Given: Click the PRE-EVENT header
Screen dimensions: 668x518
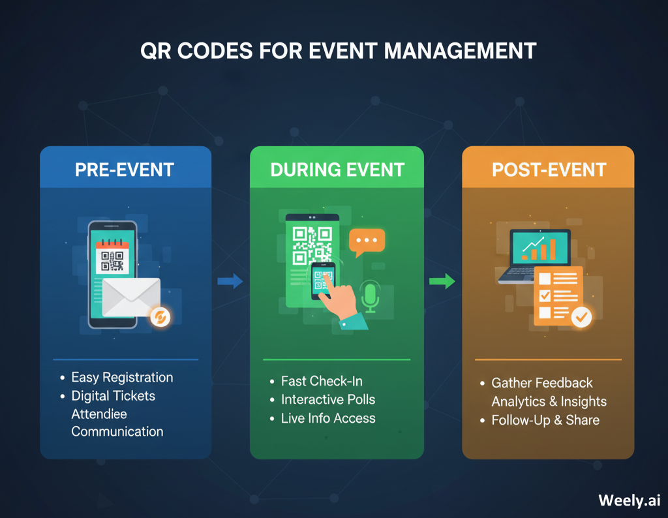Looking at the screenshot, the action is [x=125, y=170].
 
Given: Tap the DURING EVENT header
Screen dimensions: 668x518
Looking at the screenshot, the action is [x=337, y=170].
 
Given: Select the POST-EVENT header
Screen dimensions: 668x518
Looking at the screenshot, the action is [x=549, y=170].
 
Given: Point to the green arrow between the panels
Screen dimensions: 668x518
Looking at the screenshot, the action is [x=442, y=281].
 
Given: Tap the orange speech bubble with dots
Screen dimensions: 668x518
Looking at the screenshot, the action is [x=367, y=242].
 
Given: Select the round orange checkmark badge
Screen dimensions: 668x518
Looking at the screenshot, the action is [x=581, y=318].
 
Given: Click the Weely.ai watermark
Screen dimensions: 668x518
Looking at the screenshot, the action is [x=629, y=500].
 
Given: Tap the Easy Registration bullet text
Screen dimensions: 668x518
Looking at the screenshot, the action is [x=122, y=377].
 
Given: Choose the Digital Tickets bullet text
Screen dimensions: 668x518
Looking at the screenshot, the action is [x=113, y=395].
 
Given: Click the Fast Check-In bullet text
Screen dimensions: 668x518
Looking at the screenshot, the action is [x=322, y=381].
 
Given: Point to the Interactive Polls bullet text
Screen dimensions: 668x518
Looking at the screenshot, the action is [x=328, y=399].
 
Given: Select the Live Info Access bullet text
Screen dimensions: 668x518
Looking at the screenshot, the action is [x=328, y=418].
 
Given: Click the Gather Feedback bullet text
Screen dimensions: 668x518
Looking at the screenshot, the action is [x=542, y=383].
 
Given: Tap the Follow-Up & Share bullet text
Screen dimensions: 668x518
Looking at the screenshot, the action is [x=545, y=420].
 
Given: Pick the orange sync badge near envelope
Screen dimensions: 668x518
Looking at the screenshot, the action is [x=159, y=317].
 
